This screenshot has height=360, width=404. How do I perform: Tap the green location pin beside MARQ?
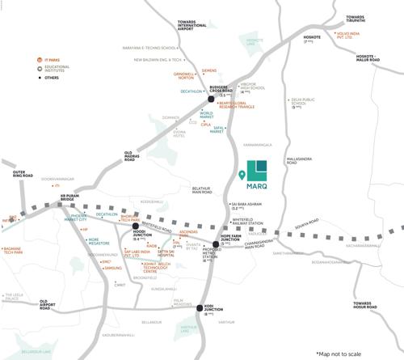point(243,175)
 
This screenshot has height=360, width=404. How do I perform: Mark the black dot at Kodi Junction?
point(200,307)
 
